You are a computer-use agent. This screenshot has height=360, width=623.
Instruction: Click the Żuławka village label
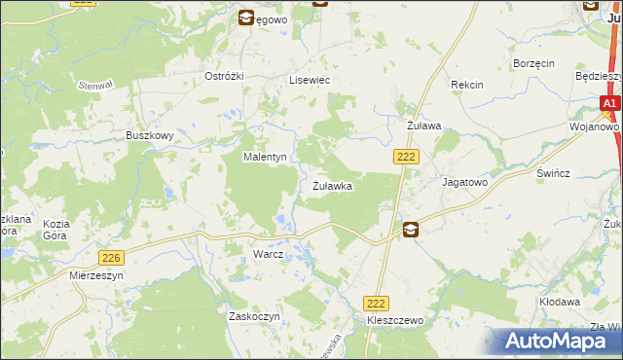332,185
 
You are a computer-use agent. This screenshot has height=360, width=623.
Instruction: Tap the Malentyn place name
264,157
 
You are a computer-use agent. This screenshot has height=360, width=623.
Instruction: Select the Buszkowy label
149,136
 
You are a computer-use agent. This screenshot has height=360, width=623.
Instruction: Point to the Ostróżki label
222,76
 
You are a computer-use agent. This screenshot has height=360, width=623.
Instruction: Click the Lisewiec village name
310,81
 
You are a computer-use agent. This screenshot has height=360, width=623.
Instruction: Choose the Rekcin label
467,85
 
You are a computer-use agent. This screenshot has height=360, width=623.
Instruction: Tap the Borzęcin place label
533,63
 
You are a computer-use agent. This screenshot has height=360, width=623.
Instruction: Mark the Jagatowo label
463,182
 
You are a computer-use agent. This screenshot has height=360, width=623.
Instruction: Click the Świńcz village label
553,172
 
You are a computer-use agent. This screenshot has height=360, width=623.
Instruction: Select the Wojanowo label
595,126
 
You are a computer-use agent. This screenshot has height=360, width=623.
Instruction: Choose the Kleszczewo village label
394,320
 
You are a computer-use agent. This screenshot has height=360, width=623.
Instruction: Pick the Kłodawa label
560,303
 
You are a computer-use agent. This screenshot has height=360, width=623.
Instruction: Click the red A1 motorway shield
609,103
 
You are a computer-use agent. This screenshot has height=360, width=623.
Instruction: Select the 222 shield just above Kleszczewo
377,304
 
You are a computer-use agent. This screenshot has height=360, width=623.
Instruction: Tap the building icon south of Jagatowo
411,230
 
